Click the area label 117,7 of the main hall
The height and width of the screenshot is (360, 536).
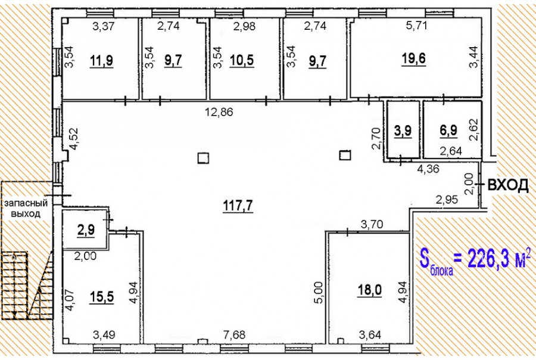coord(238,206)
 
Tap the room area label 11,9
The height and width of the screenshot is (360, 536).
coord(101,61)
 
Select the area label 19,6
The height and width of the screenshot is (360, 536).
coord(414,58)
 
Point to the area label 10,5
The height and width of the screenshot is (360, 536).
coord(242,61)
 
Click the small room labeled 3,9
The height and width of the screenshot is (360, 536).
coord(403,131)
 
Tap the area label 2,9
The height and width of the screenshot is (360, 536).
coord(86,230)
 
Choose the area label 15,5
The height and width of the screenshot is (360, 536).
coord(101,297)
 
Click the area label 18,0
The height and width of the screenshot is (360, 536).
coord(369,290)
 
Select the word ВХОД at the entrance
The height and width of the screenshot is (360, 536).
coord(507,185)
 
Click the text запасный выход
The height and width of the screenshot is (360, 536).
coord(25,209)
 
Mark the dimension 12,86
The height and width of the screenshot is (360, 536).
coord(219,112)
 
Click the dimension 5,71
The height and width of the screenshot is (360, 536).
coord(416,25)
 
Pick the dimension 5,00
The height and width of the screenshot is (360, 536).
coord(318,293)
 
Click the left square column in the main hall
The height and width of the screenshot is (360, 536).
coord(204,159)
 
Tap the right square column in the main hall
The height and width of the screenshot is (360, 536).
coord(345,156)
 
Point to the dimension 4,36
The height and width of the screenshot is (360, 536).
coord(428,169)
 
